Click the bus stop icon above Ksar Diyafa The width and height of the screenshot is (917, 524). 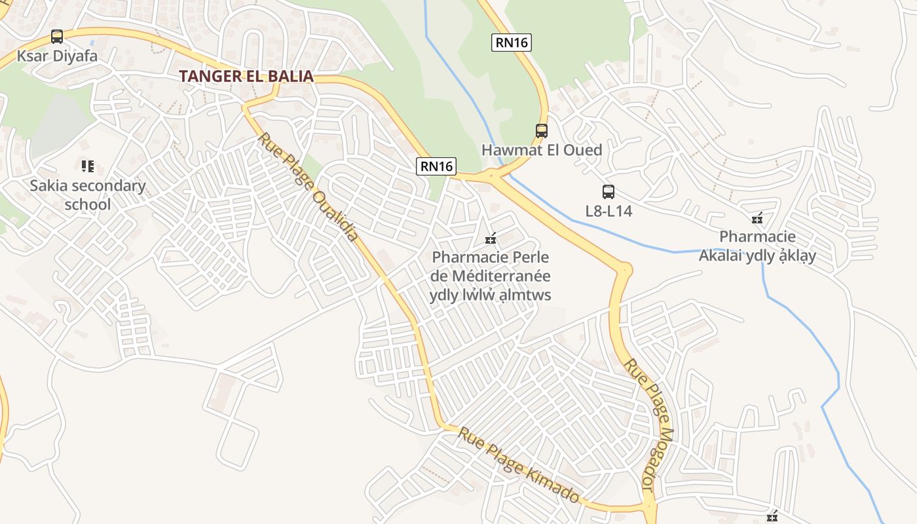click(x=57, y=37)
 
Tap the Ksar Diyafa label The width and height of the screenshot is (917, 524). click(x=57, y=56)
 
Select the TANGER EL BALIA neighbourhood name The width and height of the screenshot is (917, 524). click(x=246, y=76)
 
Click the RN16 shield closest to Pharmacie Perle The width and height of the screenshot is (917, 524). click(x=436, y=166)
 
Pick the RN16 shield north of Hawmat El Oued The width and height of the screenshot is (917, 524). click(x=512, y=43)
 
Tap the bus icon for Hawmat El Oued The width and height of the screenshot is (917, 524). click(x=542, y=130)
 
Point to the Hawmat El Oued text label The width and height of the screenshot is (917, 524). click(x=542, y=150)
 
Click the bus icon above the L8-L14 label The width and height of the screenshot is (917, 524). click(x=608, y=192)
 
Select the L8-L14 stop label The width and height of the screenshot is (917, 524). click(x=608, y=211)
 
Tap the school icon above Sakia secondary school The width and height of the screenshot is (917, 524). click(x=88, y=166)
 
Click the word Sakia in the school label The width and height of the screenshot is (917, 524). click(x=48, y=186)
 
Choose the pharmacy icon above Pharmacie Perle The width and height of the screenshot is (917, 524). click(x=490, y=239)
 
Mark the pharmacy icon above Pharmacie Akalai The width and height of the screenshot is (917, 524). click(x=758, y=219)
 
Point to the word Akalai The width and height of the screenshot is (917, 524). click(x=723, y=255)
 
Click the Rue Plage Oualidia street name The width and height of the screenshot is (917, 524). click(x=308, y=187)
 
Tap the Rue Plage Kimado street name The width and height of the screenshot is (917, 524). click(x=518, y=464)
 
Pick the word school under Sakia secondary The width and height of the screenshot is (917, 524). click(x=88, y=204)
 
